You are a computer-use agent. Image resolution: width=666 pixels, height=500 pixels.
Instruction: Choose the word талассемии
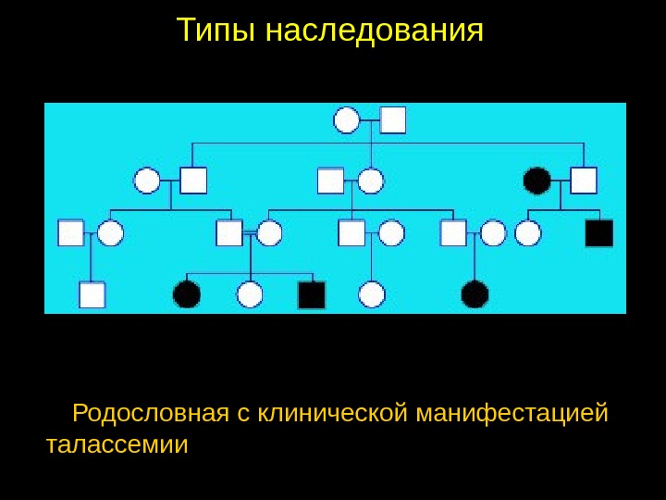[117, 445]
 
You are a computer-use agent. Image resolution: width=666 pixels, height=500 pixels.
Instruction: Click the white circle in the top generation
[347, 120]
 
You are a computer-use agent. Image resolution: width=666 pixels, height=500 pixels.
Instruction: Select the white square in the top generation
[393, 120]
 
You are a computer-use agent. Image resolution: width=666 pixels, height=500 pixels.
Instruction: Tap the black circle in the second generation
[536, 180]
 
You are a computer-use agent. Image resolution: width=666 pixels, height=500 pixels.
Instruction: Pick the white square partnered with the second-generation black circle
[584, 180]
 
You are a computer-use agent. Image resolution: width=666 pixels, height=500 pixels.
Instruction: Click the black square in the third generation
[599, 233]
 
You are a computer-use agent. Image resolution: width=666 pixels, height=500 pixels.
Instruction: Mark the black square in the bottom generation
[312, 294]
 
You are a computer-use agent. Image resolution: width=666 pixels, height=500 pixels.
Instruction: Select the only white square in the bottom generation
[92, 294]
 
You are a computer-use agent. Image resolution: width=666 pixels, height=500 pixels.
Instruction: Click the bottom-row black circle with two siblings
[187, 294]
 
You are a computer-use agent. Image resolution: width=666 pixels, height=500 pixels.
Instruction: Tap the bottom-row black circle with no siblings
[475, 294]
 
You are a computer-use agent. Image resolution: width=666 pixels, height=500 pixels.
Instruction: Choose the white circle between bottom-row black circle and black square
[250, 294]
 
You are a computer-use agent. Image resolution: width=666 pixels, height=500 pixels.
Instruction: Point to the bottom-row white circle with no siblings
[371, 294]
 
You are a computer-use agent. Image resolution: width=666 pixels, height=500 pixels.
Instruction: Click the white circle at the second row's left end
[147, 180]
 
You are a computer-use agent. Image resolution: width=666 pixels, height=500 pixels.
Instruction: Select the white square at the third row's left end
[71, 232]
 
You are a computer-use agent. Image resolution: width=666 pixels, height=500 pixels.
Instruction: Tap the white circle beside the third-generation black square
[528, 233]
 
